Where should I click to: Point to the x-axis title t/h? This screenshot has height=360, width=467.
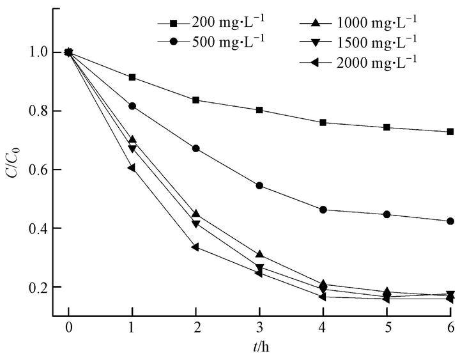click(x=260, y=350)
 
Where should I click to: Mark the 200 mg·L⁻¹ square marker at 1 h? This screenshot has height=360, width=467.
click(x=132, y=77)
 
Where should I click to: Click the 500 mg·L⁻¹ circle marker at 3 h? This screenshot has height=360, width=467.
click(x=259, y=185)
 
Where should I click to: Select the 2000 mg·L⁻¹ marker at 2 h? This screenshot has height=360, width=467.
click(x=195, y=247)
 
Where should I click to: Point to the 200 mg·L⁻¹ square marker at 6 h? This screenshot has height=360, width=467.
click(x=450, y=132)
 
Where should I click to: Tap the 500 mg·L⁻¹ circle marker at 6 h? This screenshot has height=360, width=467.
click(x=450, y=221)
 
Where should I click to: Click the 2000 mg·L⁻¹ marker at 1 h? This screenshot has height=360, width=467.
click(x=132, y=168)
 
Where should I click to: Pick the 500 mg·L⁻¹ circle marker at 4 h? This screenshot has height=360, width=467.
click(x=323, y=210)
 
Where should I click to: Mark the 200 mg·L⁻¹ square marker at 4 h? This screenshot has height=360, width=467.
click(x=323, y=122)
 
